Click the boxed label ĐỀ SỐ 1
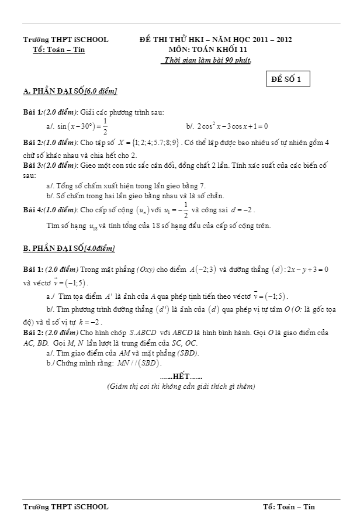(287, 80)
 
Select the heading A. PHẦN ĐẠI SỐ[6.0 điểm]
(70, 91)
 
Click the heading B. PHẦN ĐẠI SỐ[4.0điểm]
(69, 249)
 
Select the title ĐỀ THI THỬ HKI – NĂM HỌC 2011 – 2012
(216, 40)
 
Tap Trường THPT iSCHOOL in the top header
(65, 40)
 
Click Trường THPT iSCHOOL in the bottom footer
(65, 506)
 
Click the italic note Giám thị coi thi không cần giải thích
(181, 387)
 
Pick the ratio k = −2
(91, 322)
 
